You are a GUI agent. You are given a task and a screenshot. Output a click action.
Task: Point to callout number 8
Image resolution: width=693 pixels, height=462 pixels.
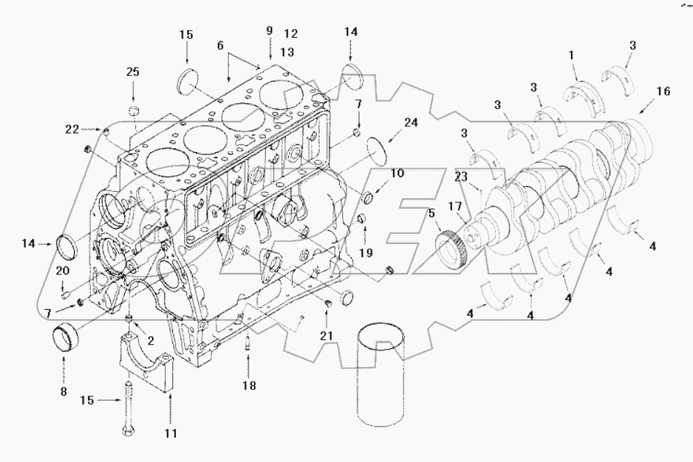[64, 392]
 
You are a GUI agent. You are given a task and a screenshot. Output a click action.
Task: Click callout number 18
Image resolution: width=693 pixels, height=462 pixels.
[249, 385]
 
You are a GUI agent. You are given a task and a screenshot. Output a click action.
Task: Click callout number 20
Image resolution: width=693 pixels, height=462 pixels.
[61, 272]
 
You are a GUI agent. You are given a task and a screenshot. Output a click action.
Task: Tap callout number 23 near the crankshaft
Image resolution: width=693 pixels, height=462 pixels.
[461, 177]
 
